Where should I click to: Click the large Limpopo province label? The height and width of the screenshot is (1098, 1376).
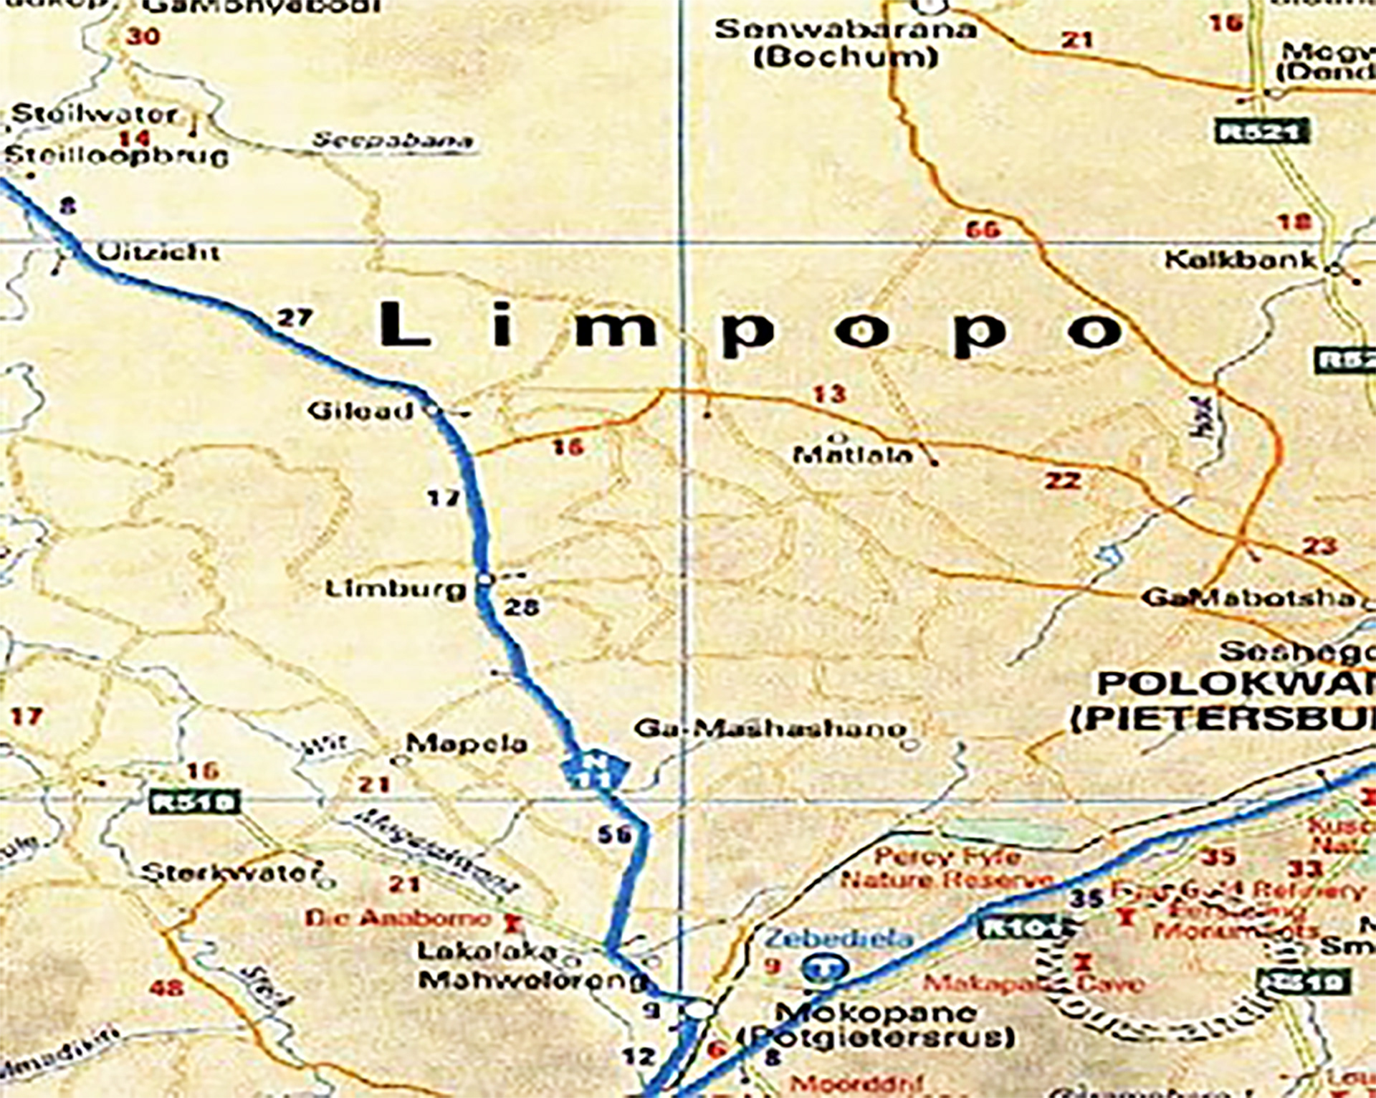[749, 328]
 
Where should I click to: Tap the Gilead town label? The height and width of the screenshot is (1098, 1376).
[360, 411]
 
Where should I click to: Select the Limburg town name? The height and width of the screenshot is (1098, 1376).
[395, 589]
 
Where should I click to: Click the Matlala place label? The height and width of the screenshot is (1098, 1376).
[854, 454]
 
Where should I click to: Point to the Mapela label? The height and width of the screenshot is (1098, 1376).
[467, 743]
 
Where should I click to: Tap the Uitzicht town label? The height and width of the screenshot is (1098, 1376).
[158, 252]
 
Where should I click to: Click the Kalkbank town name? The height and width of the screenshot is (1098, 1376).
[1241, 259]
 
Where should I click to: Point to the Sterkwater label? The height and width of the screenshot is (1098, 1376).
[230, 873]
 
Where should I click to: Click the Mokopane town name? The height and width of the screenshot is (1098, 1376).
[876, 1013]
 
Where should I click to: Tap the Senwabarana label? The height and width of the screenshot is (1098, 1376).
[846, 30]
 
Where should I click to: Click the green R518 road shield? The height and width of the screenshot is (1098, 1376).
[193, 801]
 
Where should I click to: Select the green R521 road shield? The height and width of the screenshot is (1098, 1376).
[1262, 132]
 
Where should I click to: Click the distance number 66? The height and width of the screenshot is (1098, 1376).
[982, 230]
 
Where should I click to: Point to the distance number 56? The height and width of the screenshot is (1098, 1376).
[614, 834]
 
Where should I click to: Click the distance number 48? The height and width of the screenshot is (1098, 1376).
[166, 988]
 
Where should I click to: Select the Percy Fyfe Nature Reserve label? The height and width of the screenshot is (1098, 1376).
[946, 867]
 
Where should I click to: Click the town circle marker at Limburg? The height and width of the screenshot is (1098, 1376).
[485, 578]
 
